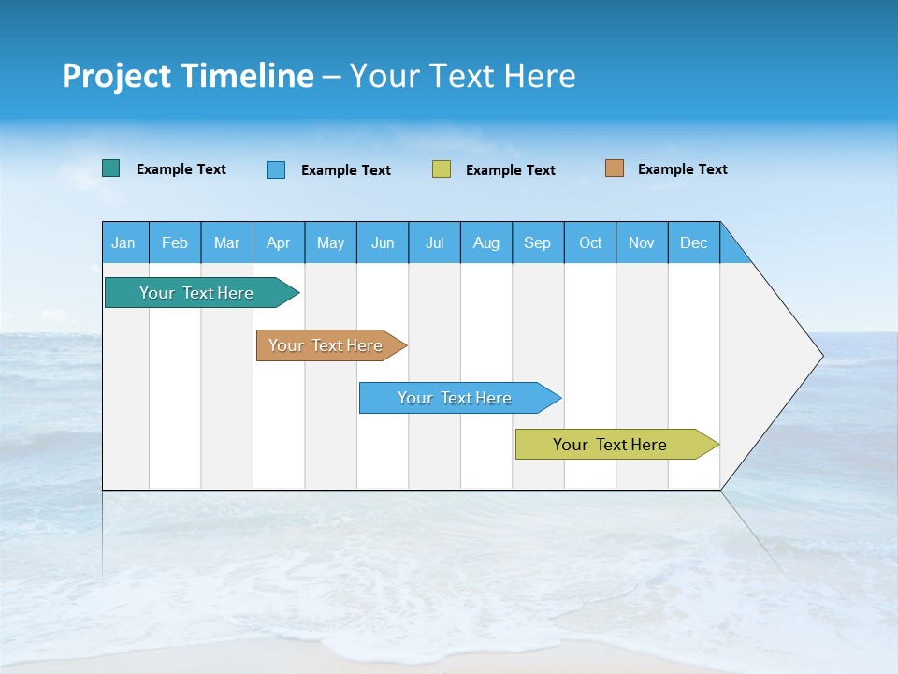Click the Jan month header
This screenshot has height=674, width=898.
click(x=124, y=242)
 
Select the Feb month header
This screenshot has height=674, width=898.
click(x=175, y=242)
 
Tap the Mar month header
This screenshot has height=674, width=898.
click(x=226, y=242)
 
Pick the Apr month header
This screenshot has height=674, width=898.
click(x=279, y=242)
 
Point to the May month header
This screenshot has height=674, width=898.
click(x=330, y=242)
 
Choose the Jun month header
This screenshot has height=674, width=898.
click(x=383, y=242)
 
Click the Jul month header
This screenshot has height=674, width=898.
click(x=434, y=242)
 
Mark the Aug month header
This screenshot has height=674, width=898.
click(x=486, y=242)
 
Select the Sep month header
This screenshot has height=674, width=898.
click(x=538, y=242)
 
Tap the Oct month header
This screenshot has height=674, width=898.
click(x=590, y=242)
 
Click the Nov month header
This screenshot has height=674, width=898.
click(x=642, y=242)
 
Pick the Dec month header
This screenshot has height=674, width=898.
click(x=694, y=242)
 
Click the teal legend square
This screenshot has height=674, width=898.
click(x=111, y=168)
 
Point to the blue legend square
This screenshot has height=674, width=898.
click(x=276, y=169)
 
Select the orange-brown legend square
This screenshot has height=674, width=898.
click(x=615, y=168)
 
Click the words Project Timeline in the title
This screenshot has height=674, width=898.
click(x=188, y=76)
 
